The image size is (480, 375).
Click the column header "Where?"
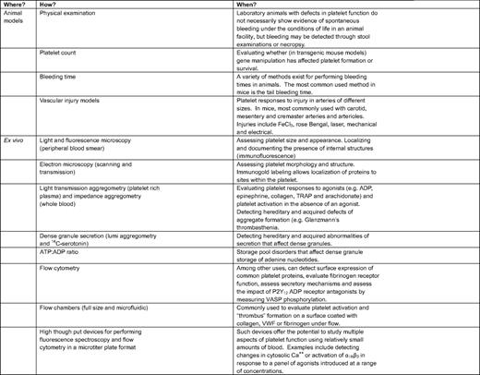(x=17, y=5)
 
